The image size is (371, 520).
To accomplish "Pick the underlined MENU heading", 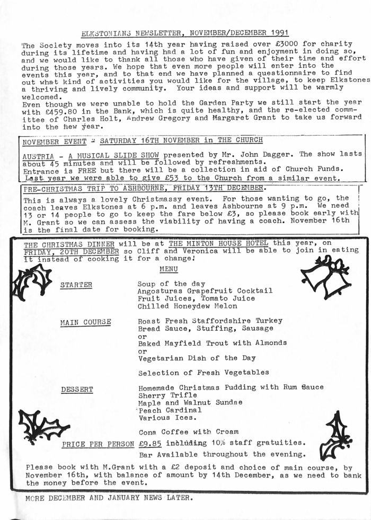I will point(169,269).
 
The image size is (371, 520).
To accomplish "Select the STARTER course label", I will point(76,285).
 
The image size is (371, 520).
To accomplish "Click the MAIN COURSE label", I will point(85,322).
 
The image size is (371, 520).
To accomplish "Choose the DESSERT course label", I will point(77,390).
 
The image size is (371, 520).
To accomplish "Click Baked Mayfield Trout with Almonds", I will point(212,343).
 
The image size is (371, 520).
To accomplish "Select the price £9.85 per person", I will point(150,444).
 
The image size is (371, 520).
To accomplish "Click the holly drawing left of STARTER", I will point(31,281).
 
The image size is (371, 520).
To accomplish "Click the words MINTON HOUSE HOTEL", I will point(219,243).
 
